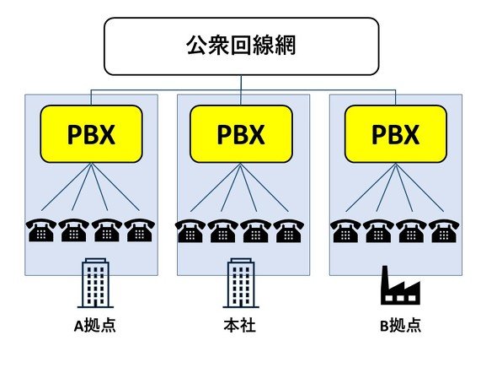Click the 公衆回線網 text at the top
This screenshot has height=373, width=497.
pos(241,46)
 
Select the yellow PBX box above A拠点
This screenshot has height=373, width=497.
pos(91,134)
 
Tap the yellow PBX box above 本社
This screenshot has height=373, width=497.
pos(241,134)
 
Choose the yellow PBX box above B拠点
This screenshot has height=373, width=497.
pos(396,134)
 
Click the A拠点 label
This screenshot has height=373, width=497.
pos(95,326)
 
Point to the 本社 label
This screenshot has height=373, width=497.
pos(239,326)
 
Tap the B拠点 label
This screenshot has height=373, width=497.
pos(400,326)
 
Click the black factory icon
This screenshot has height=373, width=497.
pos(400,286)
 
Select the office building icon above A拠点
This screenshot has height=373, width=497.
pos(95,284)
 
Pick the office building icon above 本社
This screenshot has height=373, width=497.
pos(241,284)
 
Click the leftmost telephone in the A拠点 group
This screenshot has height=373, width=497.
pos(41,230)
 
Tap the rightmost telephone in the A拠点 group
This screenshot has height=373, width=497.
pos(140,230)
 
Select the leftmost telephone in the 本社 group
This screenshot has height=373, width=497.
pos(190,231)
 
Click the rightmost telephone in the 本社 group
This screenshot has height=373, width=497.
pos(289,231)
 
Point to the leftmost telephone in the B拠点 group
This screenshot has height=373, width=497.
pos(345,231)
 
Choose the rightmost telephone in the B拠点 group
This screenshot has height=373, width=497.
pos(444,231)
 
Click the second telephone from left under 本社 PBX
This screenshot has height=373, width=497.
pos(223,231)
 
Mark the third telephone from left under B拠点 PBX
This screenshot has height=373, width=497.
pos(411,231)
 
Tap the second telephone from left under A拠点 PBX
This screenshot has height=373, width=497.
pos(73,230)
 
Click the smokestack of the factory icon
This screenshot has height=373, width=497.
pos(385,277)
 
